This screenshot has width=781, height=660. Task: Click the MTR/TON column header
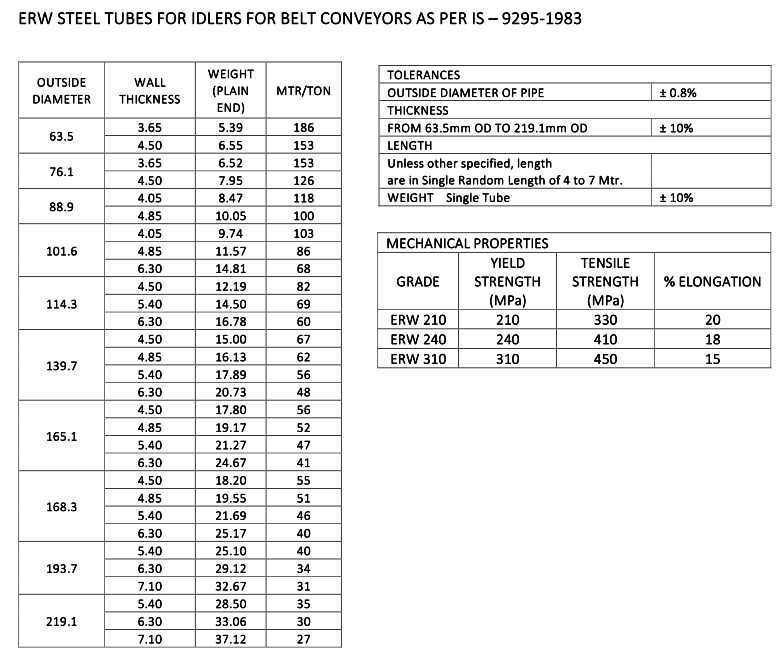pos(303,91)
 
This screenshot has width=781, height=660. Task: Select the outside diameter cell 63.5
pos(61,136)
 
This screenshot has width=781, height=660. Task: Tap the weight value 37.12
pos(231,638)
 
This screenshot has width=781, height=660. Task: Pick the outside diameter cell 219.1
pos(61,620)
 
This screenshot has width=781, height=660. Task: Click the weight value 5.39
pos(231,128)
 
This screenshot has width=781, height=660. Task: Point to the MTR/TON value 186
pos(303,128)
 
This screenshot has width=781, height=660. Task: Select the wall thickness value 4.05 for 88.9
pos(150,199)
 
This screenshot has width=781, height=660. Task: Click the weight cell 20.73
pos(231,392)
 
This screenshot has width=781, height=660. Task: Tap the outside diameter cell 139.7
pos(61,365)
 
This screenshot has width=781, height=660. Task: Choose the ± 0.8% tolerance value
pos(677,92)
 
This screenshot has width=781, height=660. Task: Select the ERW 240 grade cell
pos(418,340)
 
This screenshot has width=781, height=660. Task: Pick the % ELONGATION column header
pos(712,282)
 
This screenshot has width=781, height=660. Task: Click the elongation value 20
pos(712,321)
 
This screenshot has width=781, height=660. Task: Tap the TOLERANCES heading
pos(423,75)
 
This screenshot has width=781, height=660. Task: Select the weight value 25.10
pos(231,551)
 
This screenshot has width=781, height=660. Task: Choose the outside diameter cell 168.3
pos(61,506)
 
